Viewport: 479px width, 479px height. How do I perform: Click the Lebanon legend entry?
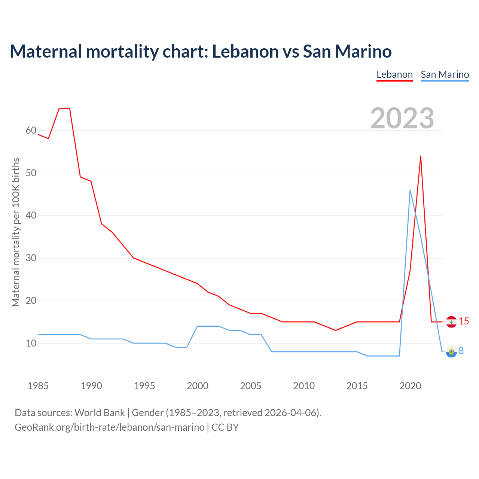[x=394, y=74]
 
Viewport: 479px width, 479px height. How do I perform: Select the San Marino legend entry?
[x=445, y=74]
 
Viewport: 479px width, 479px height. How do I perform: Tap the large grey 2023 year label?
[x=402, y=118]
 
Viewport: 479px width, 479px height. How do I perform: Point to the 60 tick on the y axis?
[x=31, y=131]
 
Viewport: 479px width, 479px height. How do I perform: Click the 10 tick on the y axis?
[x=31, y=343]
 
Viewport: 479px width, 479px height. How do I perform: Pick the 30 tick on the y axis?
[x=31, y=258]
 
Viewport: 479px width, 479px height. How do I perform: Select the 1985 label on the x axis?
[x=38, y=386]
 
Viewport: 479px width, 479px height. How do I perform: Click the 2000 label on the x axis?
[x=198, y=386]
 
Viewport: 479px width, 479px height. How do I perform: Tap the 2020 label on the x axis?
[x=410, y=386]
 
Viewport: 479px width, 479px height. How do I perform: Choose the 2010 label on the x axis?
[x=304, y=386]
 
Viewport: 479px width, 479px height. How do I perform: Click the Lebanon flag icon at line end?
[x=451, y=322]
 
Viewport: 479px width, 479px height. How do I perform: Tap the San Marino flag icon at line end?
[x=451, y=351]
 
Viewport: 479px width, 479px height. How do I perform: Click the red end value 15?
[x=464, y=321]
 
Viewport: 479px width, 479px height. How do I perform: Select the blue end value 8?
[x=461, y=351]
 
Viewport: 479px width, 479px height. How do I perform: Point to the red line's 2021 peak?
[x=421, y=156]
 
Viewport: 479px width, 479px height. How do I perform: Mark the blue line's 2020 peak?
[x=410, y=190]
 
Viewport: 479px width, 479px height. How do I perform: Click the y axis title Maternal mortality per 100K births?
[x=16, y=232]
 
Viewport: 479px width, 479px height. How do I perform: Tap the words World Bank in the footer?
[x=100, y=413]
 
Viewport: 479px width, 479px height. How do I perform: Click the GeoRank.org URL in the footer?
[x=109, y=427]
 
